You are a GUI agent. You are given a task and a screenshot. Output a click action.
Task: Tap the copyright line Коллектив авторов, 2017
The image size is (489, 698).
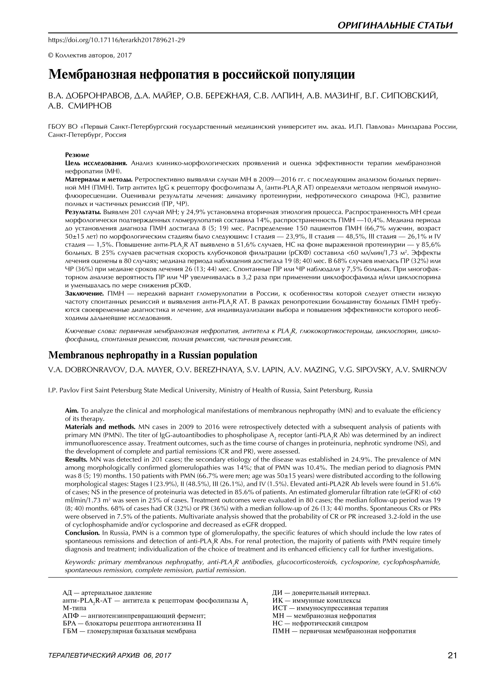click(90, 55)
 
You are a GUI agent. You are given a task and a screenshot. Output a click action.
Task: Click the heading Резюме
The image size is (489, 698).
click(77, 155)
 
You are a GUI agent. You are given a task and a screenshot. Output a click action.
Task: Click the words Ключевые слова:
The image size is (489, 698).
click(91, 331)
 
